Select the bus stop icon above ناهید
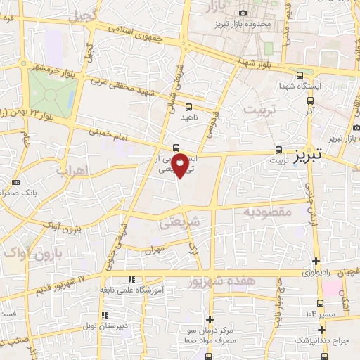tap(188, 107)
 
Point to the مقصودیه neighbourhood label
tap(266, 210)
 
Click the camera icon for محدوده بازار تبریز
tap(243, 13)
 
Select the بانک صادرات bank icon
tap(15, 183)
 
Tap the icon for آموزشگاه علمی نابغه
tap(131, 280)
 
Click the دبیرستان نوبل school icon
tap(105, 315)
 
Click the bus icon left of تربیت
tap(279, 150)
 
